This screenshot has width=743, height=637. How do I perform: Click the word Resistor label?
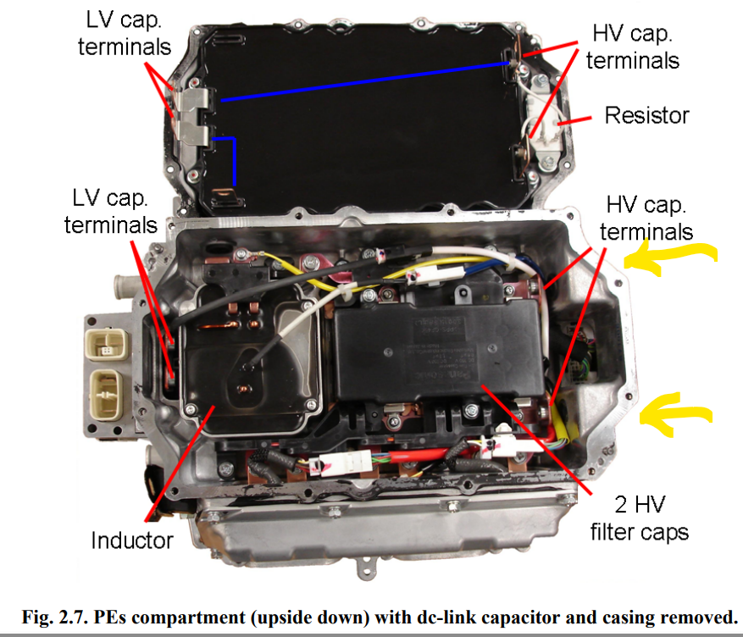pyautogui.click(x=646, y=114)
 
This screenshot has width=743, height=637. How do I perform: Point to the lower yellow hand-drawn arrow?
pyautogui.click(x=678, y=413)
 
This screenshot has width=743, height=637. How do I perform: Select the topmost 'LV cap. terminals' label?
pyautogui.click(x=124, y=33)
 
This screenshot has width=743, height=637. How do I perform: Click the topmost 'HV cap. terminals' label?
pyautogui.click(x=632, y=47)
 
